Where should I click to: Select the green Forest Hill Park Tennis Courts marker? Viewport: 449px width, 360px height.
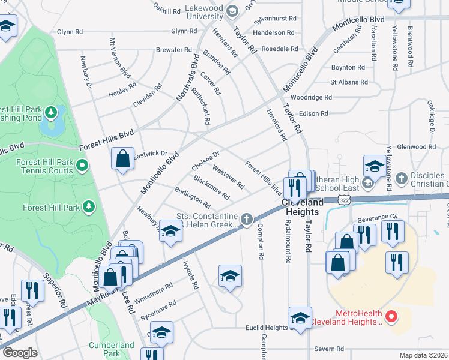pyautogui.click(x=82, y=165)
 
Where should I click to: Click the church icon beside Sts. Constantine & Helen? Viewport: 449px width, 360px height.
pyautogui.click(x=246, y=220)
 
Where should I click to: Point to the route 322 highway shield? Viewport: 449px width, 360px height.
pyautogui.click(x=342, y=199)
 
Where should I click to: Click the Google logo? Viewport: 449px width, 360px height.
pyautogui.click(x=20, y=353)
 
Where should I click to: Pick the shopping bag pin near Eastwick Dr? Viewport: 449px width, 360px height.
pyautogui.click(x=122, y=159)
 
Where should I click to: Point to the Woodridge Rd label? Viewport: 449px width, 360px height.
pyautogui.click(x=311, y=97)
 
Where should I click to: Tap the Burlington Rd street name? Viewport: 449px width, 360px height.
pyautogui.click(x=193, y=196)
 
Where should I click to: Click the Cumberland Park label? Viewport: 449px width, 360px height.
pyautogui.click(x=112, y=349)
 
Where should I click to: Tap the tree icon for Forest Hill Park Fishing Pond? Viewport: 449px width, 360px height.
pyautogui.click(x=52, y=112)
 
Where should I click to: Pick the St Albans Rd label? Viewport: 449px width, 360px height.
pyautogui.click(x=349, y=82)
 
